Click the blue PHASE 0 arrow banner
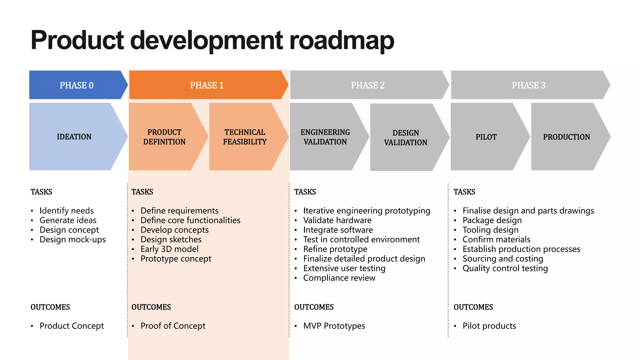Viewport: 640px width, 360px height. tap(77, 85)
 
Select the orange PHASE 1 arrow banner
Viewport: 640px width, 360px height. tap(207, 85)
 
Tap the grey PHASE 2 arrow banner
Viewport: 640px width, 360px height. tap(367, 85)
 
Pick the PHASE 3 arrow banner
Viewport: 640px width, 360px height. tap(528, 85)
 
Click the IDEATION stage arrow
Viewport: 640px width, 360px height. tap(74, 137)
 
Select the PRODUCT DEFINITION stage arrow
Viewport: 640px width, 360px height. tap(164, 137)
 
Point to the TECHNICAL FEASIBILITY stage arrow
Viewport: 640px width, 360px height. tap(245, 137)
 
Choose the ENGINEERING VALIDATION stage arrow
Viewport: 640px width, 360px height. tap(325, 137)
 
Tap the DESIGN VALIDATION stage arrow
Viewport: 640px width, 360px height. tap(405, 137)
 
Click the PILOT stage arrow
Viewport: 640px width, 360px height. tap(486, 137)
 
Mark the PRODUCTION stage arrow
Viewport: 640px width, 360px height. tap(566, 137)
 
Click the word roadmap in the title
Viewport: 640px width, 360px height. tap(342, 41)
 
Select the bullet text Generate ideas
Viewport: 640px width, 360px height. tap(68, 220)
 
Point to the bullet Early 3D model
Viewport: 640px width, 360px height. tap(169, 249)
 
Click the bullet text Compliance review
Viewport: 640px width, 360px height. tap(339, 278)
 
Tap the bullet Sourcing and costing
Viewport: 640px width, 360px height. tap(503, 259)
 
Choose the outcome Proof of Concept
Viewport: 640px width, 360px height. tap(173, 326)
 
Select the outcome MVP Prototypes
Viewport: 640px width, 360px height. tap(334, 326)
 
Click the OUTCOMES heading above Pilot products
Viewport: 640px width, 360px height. tap(473, 307)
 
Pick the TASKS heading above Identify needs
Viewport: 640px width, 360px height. tap(41, 192)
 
